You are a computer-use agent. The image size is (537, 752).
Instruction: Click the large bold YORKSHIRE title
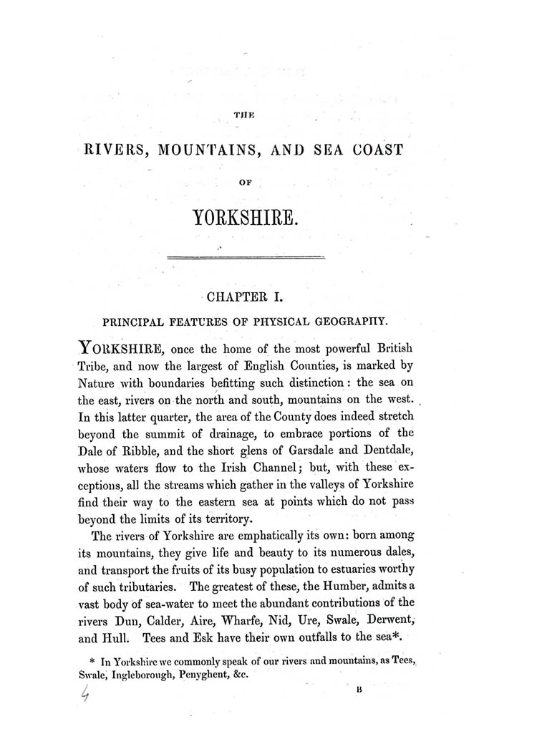pos(246,218)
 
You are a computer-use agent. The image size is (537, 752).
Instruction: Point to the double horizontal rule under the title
pos(246,256)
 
